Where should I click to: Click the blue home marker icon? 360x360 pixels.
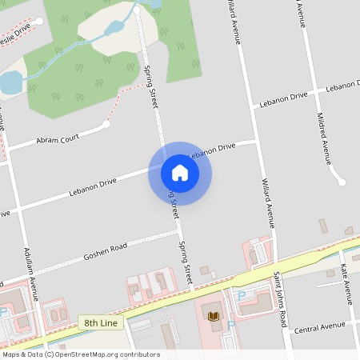pos(180,173)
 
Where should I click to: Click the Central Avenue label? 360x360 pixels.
pos(318,327)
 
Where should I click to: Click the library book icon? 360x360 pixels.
pos(214,317)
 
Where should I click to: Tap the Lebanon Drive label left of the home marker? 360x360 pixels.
pos(92,187)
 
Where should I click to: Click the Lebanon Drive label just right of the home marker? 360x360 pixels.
pos(213,150)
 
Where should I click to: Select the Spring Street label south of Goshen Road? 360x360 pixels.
pos(186,264)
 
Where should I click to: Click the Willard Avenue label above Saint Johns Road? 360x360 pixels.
pos(269,205)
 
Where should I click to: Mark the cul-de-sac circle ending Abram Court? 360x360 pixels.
pos(106,124)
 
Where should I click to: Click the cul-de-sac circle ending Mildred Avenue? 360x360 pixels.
pos(342,182)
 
